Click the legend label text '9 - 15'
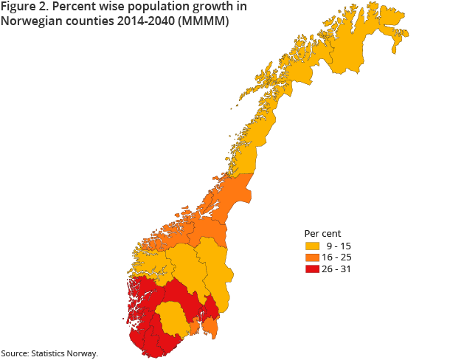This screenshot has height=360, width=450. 339,246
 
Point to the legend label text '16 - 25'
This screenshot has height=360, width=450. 339,257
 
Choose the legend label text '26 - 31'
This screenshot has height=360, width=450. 339,269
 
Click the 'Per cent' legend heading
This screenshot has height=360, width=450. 322,234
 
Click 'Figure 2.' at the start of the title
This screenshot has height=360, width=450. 23,7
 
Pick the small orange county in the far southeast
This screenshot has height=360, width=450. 210,325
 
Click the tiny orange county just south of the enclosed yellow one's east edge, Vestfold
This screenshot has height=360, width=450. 195,327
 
